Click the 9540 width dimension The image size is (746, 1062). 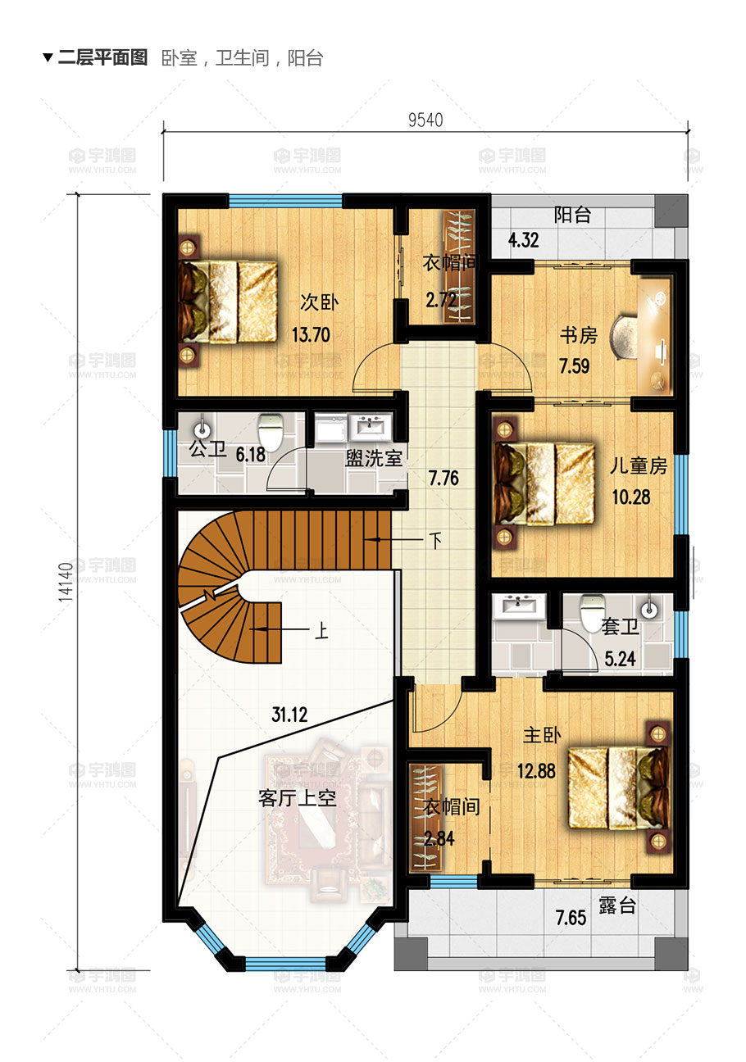tap(425, 120)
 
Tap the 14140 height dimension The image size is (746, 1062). tap(66, 582)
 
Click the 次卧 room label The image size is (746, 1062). tap(319, 302)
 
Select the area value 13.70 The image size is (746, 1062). tap(311, 335)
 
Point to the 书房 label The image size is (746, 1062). tap(579, 336)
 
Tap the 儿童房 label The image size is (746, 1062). tap(639, 466)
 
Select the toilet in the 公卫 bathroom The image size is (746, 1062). tap(271, 431)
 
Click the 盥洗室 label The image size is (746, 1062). tap(374, 458)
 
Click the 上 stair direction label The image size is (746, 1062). tap(321, 631)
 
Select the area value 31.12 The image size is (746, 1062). tap(289, 715)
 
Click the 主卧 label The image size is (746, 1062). tap(542, 735)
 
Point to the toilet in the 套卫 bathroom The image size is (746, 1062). tap(593, 614)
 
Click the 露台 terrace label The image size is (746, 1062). tap(617, 905)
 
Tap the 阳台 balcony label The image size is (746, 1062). tap(572, 216)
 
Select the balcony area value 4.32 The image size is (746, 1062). tap(524, 240)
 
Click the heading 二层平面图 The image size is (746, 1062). tap(102, 58)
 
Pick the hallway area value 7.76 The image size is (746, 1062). tap(444, 478)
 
